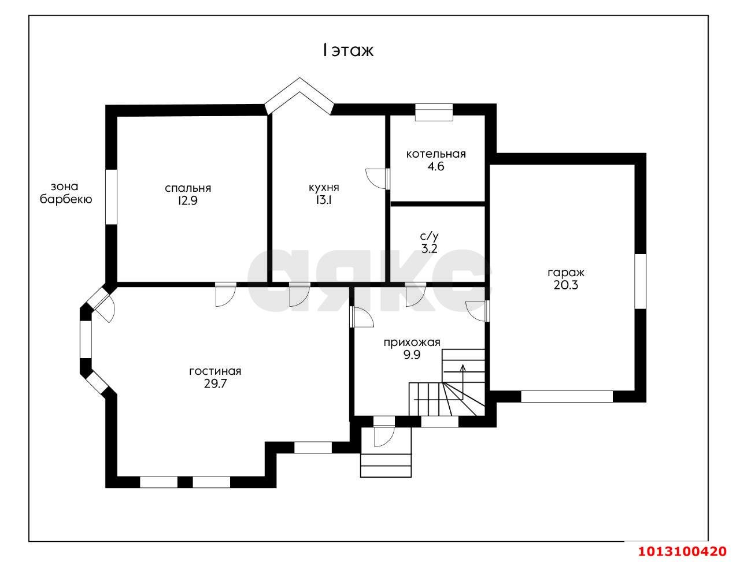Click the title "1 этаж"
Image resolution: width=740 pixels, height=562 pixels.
click(348, 50)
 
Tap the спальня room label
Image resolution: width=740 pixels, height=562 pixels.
click(188, 188)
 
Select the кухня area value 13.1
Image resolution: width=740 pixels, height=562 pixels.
click(323, 200)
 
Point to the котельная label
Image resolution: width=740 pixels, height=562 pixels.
click(435, 154)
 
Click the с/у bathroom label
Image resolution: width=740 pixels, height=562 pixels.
click(430, 236)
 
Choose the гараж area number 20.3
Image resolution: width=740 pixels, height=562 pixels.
click(565, 285)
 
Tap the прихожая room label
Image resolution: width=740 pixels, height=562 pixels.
click(412, 343)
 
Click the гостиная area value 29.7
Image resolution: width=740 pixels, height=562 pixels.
click(216, 384)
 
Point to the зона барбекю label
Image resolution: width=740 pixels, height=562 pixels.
click(66, 192)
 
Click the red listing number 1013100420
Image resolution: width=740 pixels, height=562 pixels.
click(682, 551)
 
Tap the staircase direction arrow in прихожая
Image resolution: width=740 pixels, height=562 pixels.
click(463, 382)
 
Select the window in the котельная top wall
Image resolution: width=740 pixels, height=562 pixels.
click(434, 112)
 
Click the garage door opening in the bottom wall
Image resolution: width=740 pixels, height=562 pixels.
click(567, 396)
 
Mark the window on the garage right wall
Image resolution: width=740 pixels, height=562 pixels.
click(640, 281)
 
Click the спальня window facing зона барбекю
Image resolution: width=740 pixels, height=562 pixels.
click(111, 196)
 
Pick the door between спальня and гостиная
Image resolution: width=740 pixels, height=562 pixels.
click(225, 294)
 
